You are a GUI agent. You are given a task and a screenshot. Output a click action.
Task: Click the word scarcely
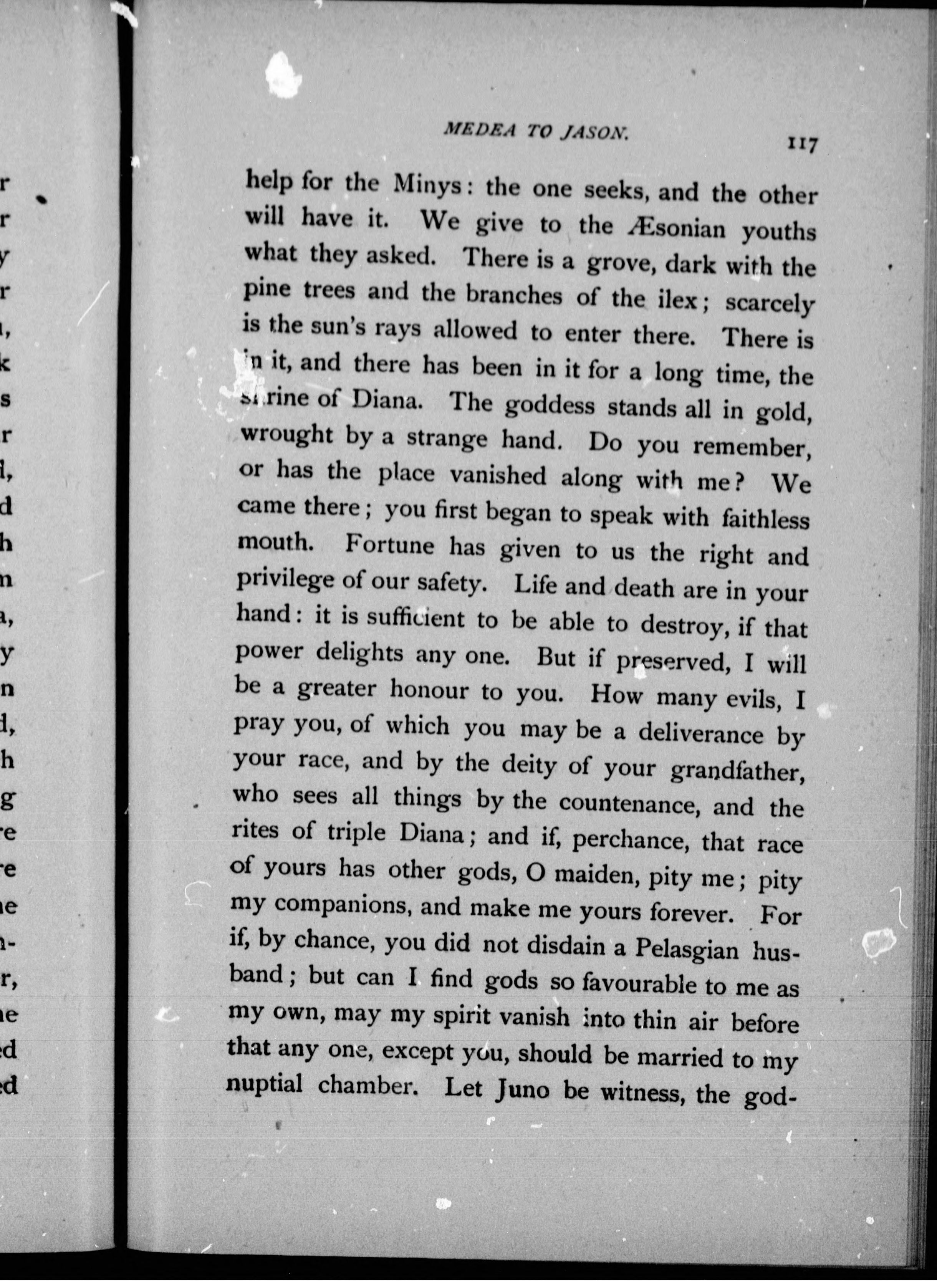(x=770, y=305)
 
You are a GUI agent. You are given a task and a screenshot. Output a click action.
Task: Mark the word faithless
(x=765, y=518)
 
